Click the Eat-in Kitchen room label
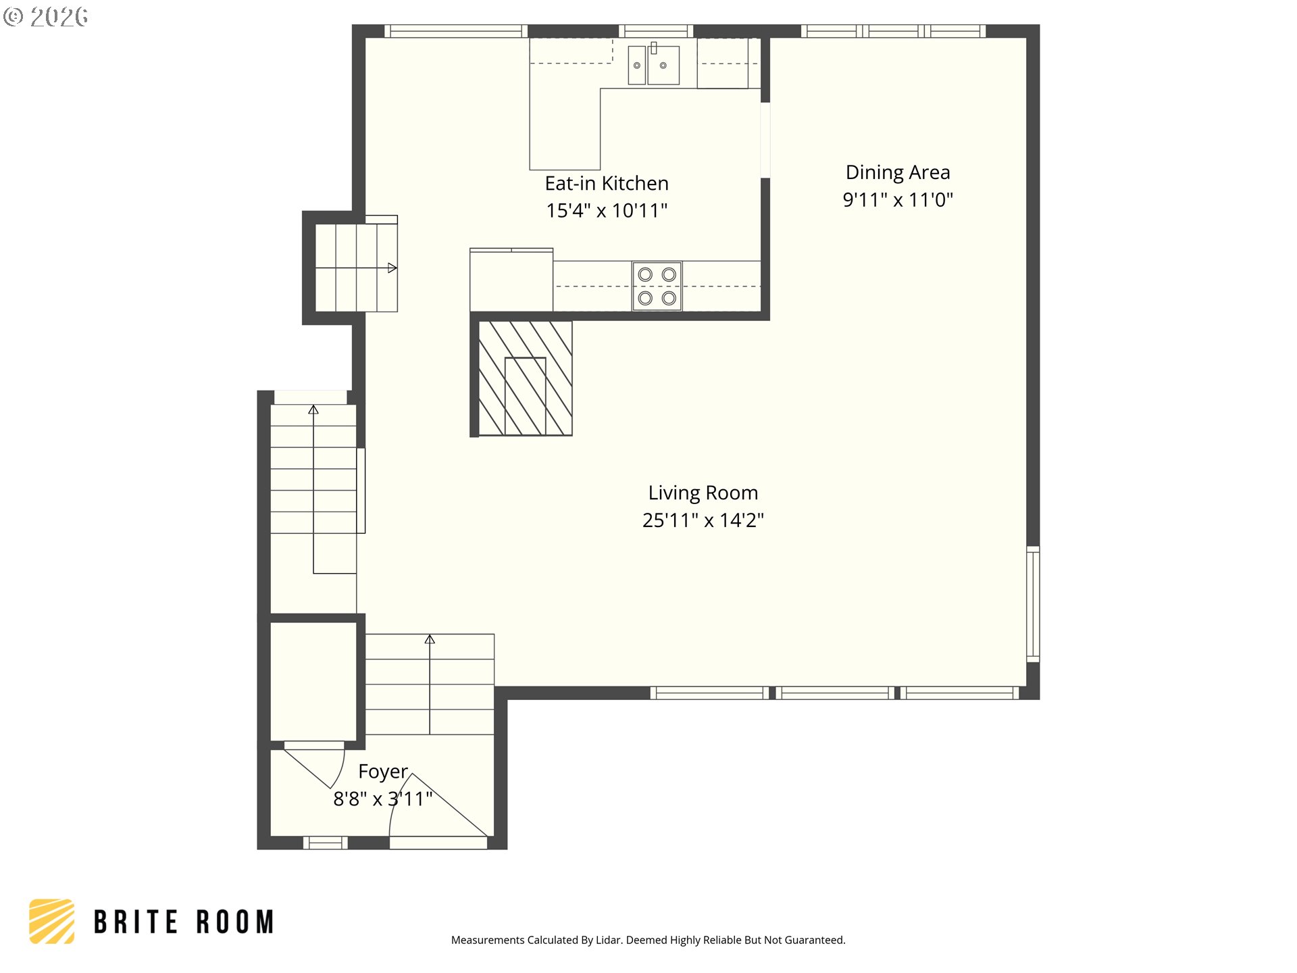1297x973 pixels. [607, 183]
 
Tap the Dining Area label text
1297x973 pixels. [898, 173]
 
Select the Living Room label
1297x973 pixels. [703, 493]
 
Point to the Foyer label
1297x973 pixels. [383, 772]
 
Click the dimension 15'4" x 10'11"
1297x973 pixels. [607, 211]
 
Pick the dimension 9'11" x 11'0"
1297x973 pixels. [898, 200]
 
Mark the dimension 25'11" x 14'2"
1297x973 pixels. [703, 520]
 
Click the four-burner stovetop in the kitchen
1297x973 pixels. [657, 286]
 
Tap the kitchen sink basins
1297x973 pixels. [654, 65]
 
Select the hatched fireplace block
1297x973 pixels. [525, 378]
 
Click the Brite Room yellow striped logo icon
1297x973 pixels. [52, 921]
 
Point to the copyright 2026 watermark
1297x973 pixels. [45, 16]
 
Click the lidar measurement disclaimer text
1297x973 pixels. [648, 940]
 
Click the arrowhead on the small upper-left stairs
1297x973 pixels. [392, 268]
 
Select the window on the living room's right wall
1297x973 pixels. [1033, 603]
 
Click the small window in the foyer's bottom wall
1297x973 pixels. [325, 843]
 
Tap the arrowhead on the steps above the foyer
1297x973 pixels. [430, 639]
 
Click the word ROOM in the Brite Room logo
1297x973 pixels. [235, 922]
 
